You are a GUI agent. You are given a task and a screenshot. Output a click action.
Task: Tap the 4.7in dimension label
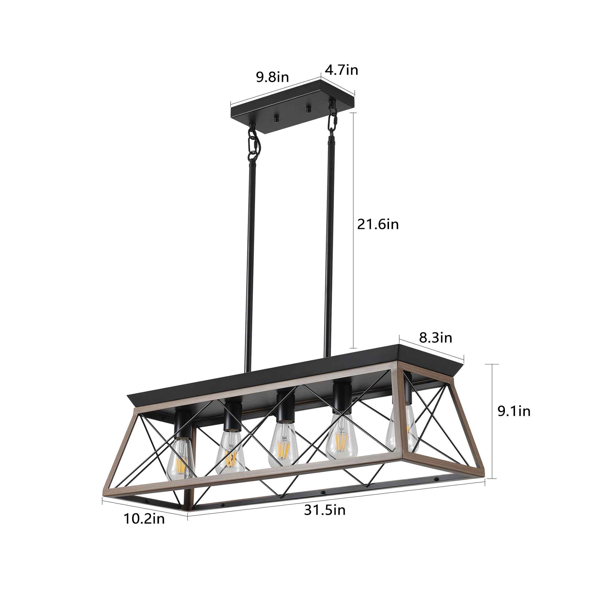(x=342, y=71)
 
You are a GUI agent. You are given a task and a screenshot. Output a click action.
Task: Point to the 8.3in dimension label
(x=436, y=338)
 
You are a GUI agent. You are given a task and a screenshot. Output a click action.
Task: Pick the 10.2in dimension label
(x=144, y=519)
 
